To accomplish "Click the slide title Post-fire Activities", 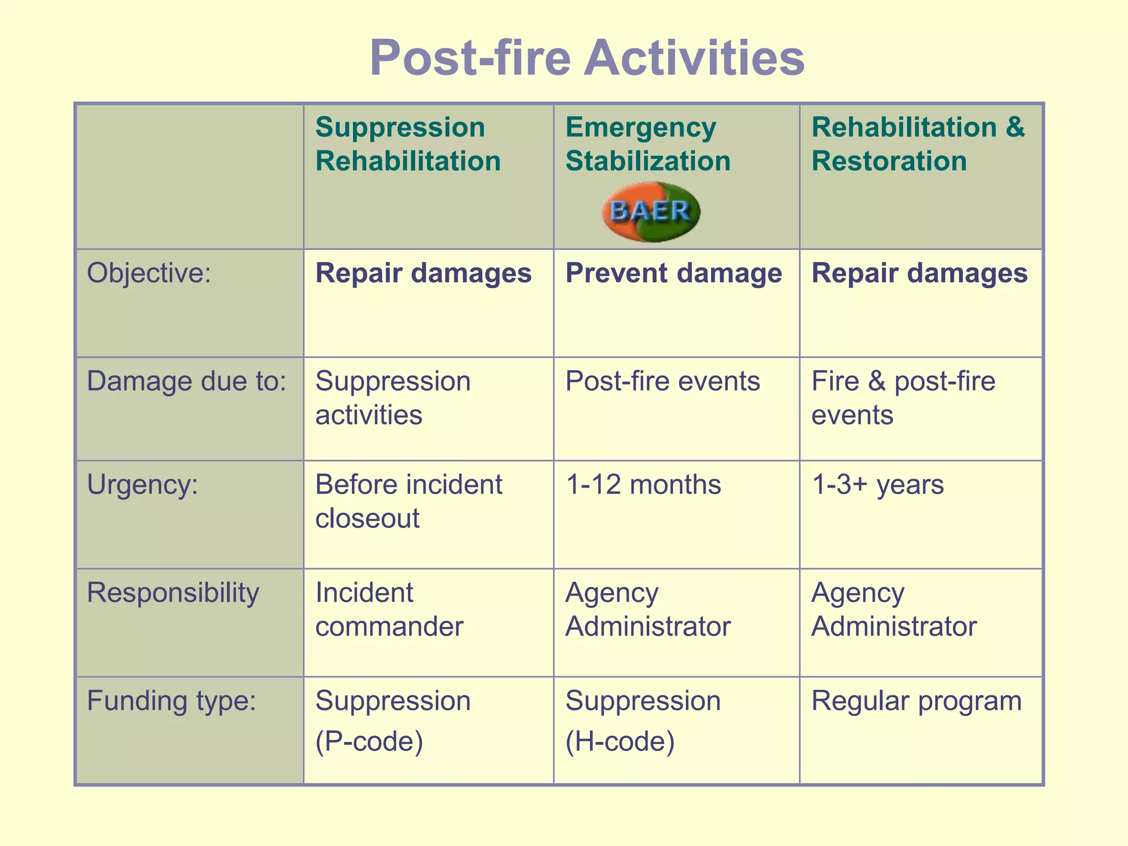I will (587, 58).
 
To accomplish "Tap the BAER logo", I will (650, 211).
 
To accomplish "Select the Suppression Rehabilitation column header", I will (408, 144).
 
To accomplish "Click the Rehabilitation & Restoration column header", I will (918, 144).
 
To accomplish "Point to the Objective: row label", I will (149, 273).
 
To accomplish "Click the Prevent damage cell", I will (674, 273).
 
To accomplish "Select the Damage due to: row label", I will (187, 381).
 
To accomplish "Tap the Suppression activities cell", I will (393, 398).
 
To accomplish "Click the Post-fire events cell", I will (663, 381).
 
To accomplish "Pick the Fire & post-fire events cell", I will (903, 398).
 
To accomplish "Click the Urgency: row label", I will (143, 485).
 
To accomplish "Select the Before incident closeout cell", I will (408, 501).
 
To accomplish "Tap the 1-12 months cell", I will (643, 485).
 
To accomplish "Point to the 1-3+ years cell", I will (878, 485).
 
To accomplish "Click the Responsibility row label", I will (173, 593).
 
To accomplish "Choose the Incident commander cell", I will (389, 609).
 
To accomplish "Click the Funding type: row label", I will (172, 701).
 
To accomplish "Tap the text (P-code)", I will (369, 741).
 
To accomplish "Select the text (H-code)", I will (620, 741).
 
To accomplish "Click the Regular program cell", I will (916, 701).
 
